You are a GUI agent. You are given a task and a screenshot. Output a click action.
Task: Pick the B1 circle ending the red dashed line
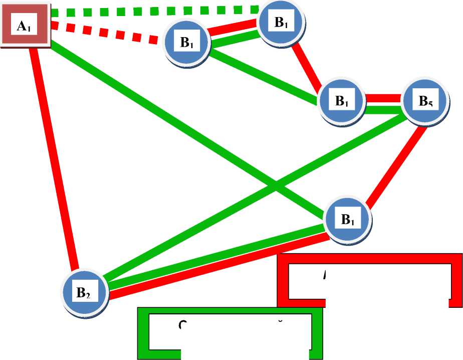pyautogui.click(x=187, y=43)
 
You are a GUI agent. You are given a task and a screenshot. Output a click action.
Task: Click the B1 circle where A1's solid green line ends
pyautogui.click(x=348, y=220)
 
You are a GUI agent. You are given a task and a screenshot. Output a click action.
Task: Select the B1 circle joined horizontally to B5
pyautogui.click(x=343, y=102)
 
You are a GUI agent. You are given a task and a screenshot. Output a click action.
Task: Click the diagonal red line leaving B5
pyautogui.click(x=396, y=165)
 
